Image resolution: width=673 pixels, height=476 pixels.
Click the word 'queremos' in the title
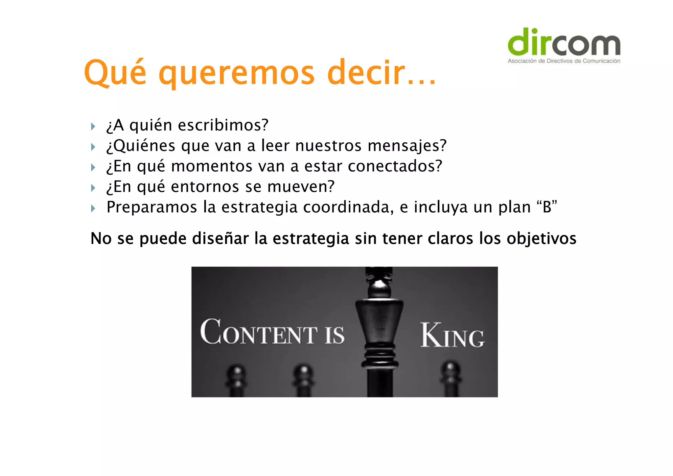[x=237, y=73]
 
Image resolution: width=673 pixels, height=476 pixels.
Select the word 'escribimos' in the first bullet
[x=220, y=125]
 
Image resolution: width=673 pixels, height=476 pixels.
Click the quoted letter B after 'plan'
[x=547, y=207]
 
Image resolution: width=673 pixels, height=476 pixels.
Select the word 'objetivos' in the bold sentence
[x=541, y=238]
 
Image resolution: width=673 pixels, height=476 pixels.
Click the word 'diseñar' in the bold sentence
[x=220, y=238]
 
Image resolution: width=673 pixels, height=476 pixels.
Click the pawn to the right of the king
[x=451, y=378]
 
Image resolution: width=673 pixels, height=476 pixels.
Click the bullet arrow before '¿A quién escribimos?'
[x=93, y=126]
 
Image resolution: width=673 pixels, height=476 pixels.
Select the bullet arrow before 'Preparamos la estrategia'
[x=93, y=208]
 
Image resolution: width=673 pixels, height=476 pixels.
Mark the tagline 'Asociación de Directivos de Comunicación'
[x=564, y=61]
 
